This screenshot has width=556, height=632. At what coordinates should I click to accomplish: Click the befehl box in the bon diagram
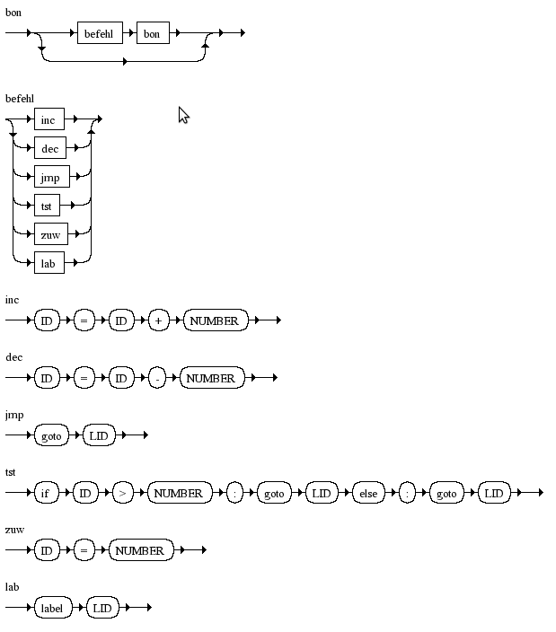pyautogui.click(x=98, y=34)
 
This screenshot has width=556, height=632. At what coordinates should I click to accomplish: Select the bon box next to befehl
pyautogui.click(x=153, y=34)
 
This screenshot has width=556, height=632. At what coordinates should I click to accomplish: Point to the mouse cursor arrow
pyautogui.click(x=183, y=115)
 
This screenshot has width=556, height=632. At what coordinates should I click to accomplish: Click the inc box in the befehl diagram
pyautogui.click(x=49, y=119)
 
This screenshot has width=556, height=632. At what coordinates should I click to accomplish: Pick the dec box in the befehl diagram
pyautogui.click(x=49, y=148)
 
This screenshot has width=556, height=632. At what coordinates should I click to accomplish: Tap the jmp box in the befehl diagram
pyautogui.click(x=51, y=177)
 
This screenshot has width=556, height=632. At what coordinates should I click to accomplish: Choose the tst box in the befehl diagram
pyautogui.click(x=47, y=206)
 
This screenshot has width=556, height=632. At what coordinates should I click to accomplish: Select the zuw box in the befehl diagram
pyautogui.click(x=49, y=234)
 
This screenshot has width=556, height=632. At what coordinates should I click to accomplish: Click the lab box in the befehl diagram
pyautogui.click(x=49, y=263)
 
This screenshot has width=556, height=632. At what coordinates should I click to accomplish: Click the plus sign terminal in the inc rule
pyautogui.click(x=158, y=320)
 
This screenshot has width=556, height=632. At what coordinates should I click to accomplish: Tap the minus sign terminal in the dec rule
pyautogui.click(x=158, y=378)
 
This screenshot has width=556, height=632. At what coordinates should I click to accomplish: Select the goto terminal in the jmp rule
pyautogui.click(x=51, y=435)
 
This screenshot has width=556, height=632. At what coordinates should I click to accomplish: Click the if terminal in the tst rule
pyautogui.click(x=44, y=493)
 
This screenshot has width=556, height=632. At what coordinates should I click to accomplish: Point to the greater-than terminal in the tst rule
pyautogui.click(x=123, y=493)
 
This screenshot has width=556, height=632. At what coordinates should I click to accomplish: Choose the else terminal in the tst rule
pyautogui.click(x=371, y=493)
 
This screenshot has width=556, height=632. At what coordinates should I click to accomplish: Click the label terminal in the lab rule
pyautogui.click(x=52, y=608)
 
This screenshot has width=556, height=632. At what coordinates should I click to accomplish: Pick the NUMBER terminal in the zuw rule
pyautogui.click(x=140, y=550)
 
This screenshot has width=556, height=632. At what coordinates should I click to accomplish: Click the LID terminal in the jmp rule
pyautogui.click(x=99, y=435)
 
